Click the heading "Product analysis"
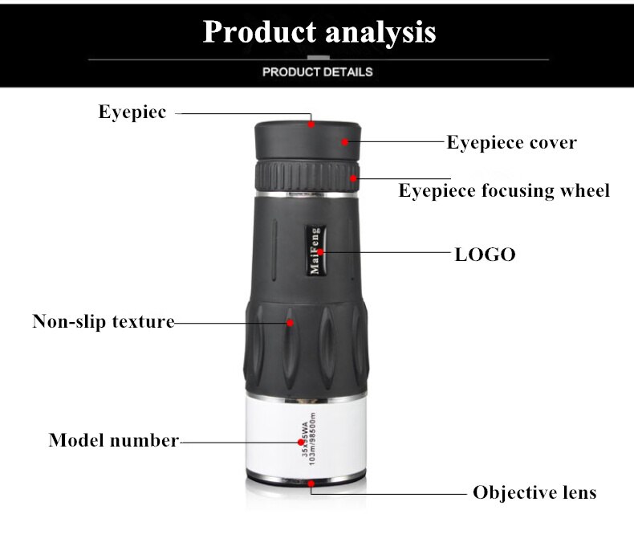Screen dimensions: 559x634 click(319, 32)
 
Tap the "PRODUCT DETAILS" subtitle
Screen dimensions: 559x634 click(318, 72)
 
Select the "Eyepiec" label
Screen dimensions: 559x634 click(132, 112)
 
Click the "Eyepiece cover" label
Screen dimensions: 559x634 click(511, 143)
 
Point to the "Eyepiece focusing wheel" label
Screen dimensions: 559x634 click(504, 190)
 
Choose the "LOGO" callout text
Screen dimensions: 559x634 click(485, 255)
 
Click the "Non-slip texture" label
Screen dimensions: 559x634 click(104, 322)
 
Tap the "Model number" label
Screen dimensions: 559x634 click(113, 440)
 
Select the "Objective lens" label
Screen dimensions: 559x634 click(534, 492)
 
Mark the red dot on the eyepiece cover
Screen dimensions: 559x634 click(346, 142)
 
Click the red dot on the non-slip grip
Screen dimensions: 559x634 click(289, 323)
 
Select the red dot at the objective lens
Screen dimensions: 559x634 click(311, 484)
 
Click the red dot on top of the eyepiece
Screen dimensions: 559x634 click(311, 123)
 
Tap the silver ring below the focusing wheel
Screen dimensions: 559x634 click(305, 194)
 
